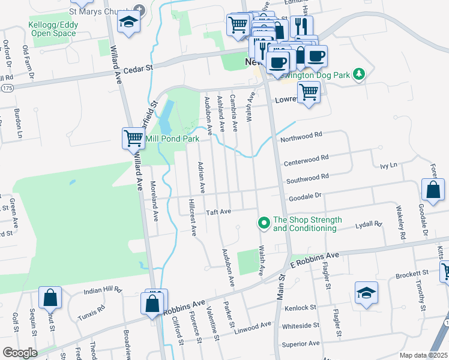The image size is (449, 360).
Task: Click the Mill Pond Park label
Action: pyautogui.click(x=172, y=139)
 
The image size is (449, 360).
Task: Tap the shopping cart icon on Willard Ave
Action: pyautogui.click(x=133, y=139)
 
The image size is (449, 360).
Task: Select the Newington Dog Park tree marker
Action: pyautogui.click(x=358, y=74)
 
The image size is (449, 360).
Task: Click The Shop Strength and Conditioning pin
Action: pyautogui.click(x=263, y=224)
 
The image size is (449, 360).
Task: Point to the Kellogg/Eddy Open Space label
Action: pyautogui.click(x=52, y=29)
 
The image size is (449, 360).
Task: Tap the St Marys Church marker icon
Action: pyautogui.click(x=140, y=10)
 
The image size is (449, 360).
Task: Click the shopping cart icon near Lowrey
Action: pyautogui.click(x=309, y=92)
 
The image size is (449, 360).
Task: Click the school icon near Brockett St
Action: pyautogui.click(x=366, y=293)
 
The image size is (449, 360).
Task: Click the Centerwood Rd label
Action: pyautogui.click(x=307, y=158)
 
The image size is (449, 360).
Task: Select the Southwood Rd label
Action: pyautogui.click(x=307, y=178)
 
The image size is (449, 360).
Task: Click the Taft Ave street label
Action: pyautogui.click(x=218, y=212)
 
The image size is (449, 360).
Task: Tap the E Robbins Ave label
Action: pyautogui.click(x=315, y=259)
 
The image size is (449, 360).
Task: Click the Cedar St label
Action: pyautogui.click(x=140, y=68)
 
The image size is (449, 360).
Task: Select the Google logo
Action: pyautogui.click(x=20, y=353)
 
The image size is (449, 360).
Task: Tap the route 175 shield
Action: pyautogui.click(x=6, y=88)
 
